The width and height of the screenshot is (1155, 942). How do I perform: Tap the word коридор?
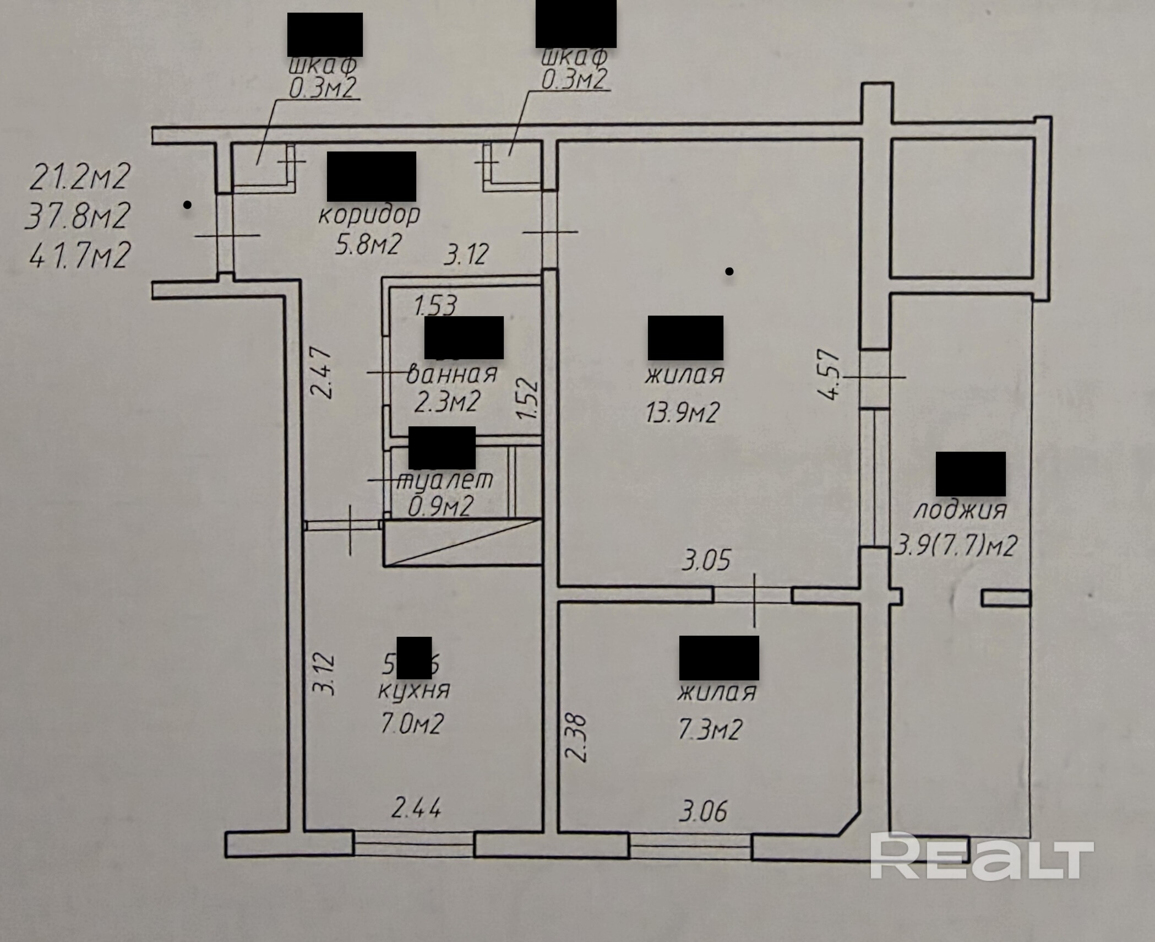pyautogui.click(x=369, y=214)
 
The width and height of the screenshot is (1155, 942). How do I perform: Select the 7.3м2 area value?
pyautogui.click(x=710, y=729)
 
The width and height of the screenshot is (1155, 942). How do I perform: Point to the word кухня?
pyautogui.click(x=414, y=690)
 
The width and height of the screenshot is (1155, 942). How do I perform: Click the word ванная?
pyautogui.click(x=451, y=374)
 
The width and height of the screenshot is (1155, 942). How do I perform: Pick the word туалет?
pyautogui.click(x=445, y=480)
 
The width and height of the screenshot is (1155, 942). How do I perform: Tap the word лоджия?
pyautogui.click(x=960, y=511)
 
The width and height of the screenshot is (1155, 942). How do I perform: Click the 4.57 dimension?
pyautogui.click(x=830, y=375)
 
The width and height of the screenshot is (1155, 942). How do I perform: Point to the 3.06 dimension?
pyautogui.click(x=703, y=811)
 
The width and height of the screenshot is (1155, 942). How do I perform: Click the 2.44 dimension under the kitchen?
pyautogui.click(x=416, y=809)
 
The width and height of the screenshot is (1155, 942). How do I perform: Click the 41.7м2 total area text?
pyautogui.click(x=80, y=255)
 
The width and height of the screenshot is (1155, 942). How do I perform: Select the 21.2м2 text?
pyautogui.click(x=80, y=177)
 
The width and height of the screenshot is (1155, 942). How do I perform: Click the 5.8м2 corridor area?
pyautogui.click(x=367, y=243)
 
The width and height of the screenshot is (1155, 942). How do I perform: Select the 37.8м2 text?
pyautogui.click(x=78, y=215)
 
